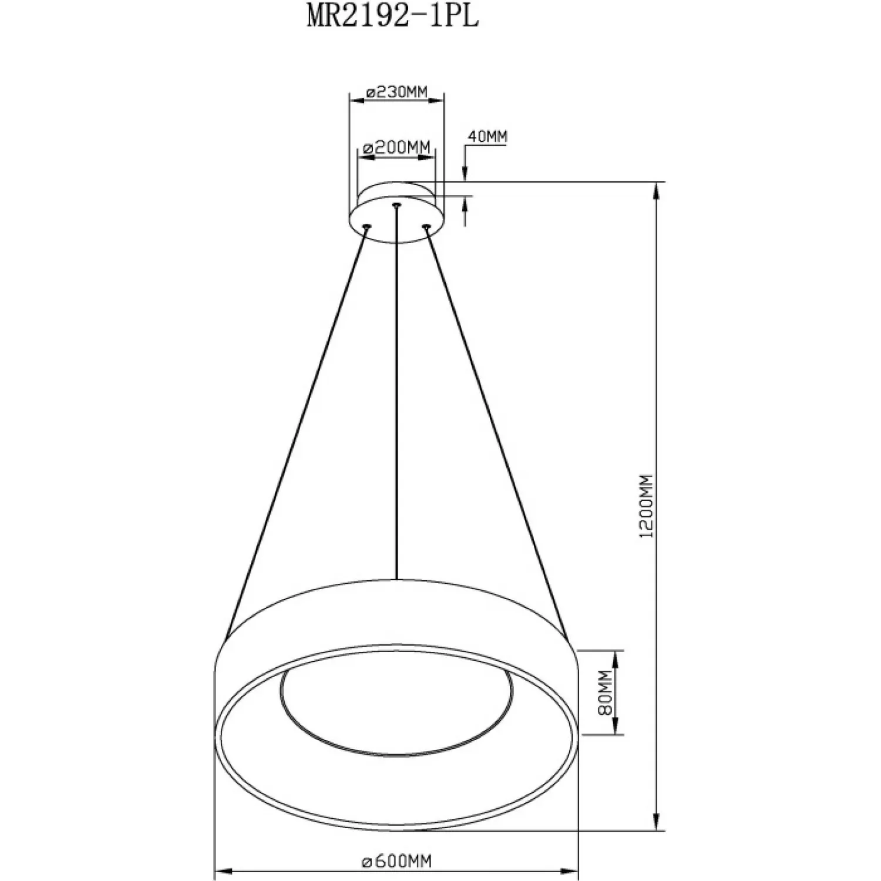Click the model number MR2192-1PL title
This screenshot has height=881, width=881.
(x=393, y=17)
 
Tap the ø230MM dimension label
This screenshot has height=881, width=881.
(x=396, y=92)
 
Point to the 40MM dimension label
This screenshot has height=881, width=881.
(x=487, y=137)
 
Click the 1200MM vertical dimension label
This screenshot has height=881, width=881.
(x=648, y=507)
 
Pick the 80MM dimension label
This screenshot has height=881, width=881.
(x=607, y=693)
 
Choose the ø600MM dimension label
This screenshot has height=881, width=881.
(x=397, y=861)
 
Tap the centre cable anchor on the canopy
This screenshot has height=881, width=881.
(x=397, y=205)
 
